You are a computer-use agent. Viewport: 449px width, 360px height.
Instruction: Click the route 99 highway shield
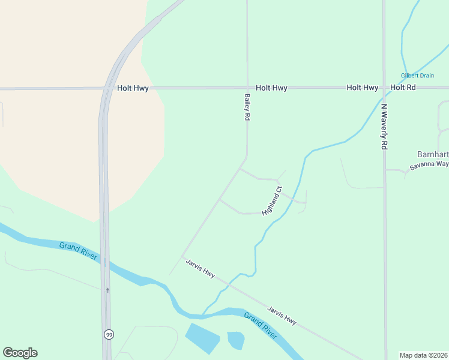(x=109, y=334)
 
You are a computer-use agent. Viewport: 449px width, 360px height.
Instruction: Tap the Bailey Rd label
(x=247, y=108)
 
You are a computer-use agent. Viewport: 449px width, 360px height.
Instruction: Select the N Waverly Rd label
(x=384, y=127)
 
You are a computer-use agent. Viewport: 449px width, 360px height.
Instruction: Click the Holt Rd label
(x=403, y=88)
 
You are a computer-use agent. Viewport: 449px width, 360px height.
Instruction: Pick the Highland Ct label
(x=272, y=201)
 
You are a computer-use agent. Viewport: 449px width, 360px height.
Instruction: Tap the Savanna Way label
(x=429, y=165)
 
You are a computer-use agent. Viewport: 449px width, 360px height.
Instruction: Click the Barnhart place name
(x=433, y=154)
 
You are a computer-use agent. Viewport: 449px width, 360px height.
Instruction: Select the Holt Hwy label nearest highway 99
(x=133, y=88)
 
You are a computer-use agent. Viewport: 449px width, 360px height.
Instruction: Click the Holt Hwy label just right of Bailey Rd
(x=271, y=88)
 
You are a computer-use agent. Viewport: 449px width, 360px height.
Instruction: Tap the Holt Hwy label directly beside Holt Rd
(x=362, y=88)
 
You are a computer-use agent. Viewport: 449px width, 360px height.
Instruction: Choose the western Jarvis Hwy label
(x=200, y=268)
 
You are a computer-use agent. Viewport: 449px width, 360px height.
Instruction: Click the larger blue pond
(x=202, y=338)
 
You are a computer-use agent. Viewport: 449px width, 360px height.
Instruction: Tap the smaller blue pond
(x=236, y=340)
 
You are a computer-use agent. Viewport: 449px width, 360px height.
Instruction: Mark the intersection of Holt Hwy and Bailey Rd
(x=247, y=88)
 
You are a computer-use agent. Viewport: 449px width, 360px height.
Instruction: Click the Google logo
(x=20, y=353)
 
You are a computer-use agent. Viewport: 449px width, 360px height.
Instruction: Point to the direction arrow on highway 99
(x=107, y=290)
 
